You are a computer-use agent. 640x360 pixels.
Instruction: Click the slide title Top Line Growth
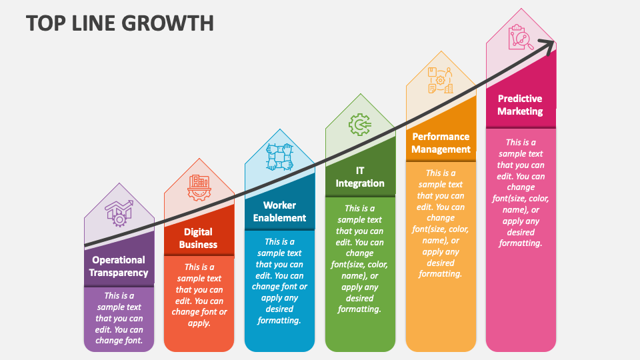[x=120, y=23]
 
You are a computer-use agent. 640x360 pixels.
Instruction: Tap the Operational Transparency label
[x=119, y=266]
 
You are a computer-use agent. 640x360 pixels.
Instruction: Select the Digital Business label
[x=199, y=238]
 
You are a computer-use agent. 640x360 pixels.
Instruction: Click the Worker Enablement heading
[x=279, y=211]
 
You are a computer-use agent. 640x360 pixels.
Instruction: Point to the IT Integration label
[x=360, y=177]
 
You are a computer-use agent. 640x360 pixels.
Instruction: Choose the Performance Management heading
[x=441, y=143]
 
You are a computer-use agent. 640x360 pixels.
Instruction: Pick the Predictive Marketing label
[x=520, y=105]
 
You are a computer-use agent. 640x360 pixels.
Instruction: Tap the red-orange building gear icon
[x=199, y=188]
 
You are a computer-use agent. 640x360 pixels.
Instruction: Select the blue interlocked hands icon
[x=279, y=157]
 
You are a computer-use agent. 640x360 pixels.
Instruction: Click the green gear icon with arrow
[x=360, y=125]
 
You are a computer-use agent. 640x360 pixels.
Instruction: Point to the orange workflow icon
[x=441, y=81]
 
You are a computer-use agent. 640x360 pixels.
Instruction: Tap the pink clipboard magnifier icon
[x=521, y=37]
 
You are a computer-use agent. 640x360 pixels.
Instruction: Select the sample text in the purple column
[x=119, y=318]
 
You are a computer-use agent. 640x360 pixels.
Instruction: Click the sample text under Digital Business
[x=199, y=295]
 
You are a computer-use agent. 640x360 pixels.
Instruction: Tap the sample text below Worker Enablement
[x=279, y=281]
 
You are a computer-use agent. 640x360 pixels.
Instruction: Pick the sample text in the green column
[x=359, y=259]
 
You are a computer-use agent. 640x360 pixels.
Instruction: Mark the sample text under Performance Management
[x=441, y=223]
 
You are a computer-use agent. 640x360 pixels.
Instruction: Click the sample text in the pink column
[x=521, y=193]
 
